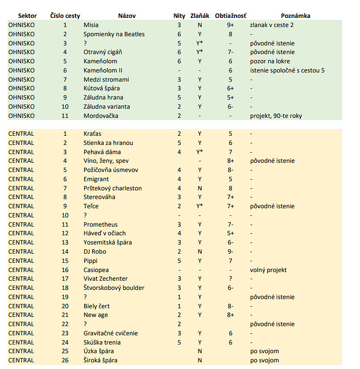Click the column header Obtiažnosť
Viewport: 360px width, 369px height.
click(231, 16)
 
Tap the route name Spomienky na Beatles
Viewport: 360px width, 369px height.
click(114, 34)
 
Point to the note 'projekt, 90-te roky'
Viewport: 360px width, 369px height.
click(276, 116)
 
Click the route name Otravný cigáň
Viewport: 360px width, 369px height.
click(103, 52)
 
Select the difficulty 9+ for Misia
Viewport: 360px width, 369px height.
click(231, 25)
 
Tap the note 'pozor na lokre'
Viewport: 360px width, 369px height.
click(270, 61)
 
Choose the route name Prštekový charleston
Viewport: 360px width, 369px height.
click(113, 188)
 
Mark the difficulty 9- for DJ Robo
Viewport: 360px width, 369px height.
click(231, 252)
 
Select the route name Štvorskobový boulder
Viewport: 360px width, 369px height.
click(114, 288)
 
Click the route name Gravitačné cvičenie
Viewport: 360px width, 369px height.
click(111, 333)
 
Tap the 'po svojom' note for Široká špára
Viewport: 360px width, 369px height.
click(265, 360)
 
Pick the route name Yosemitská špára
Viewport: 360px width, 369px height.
click(108, 242)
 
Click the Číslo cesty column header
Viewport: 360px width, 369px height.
click(65, 16)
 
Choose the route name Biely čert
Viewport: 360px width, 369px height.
click(97, 306)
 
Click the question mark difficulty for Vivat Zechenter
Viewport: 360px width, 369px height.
click(231, 279)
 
